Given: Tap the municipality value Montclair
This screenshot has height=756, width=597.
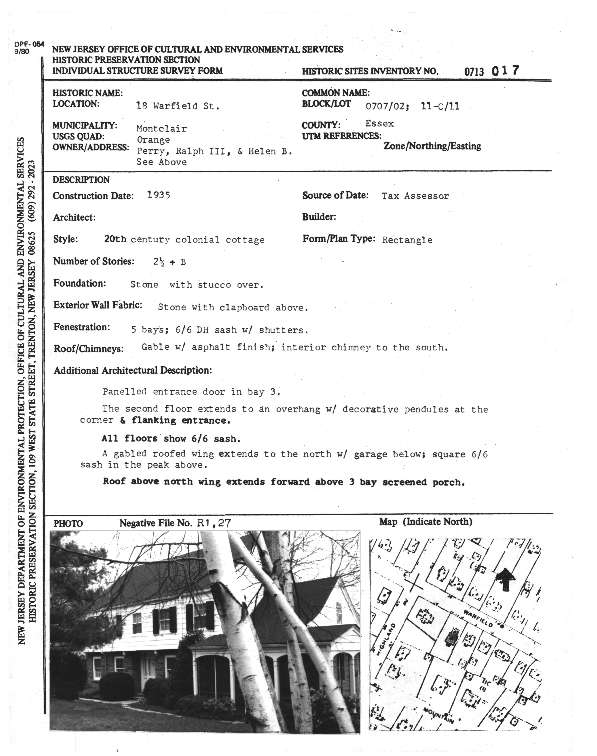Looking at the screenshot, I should tap(161, 129).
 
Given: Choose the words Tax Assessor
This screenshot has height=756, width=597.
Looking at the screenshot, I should tap(415, 196).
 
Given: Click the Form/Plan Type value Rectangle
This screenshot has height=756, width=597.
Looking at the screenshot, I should tap(407, 240).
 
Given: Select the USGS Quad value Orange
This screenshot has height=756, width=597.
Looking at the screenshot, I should tap(153, 140).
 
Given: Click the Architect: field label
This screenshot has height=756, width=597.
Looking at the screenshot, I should tap(74, 218).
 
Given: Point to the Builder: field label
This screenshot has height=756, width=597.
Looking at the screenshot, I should tap(319, 217).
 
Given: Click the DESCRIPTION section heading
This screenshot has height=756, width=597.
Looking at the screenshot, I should tap(81, 180).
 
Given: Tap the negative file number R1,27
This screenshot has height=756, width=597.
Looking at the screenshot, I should tap(214, 523).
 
